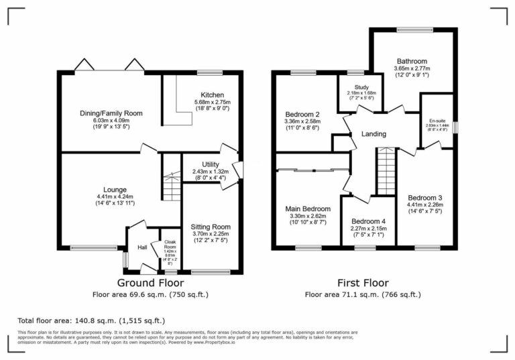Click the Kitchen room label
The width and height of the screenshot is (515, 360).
212,95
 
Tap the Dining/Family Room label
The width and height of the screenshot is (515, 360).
111,113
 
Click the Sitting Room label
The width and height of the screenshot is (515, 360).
211,227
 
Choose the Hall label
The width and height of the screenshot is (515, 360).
142,247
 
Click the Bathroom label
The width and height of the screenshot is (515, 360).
412,61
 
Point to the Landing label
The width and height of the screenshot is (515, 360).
374,134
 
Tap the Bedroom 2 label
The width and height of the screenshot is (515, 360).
302,114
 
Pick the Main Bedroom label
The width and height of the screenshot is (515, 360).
308,208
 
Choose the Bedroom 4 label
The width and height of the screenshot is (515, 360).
369,221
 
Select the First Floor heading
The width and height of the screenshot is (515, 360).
363,283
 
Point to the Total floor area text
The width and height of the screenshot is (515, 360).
91,320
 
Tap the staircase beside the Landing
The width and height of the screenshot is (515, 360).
386,171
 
